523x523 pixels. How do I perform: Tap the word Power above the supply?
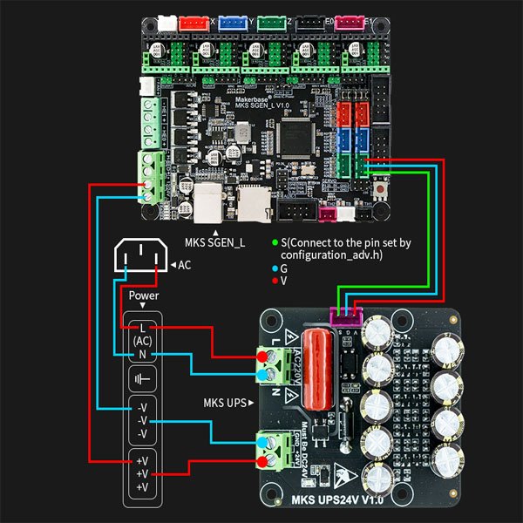point(144,295)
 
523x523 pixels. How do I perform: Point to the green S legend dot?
point(275,241)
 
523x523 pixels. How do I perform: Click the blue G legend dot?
point(275,269)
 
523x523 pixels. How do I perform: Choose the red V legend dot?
point(275,282)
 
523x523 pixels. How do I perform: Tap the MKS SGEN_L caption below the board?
point(214,241)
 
